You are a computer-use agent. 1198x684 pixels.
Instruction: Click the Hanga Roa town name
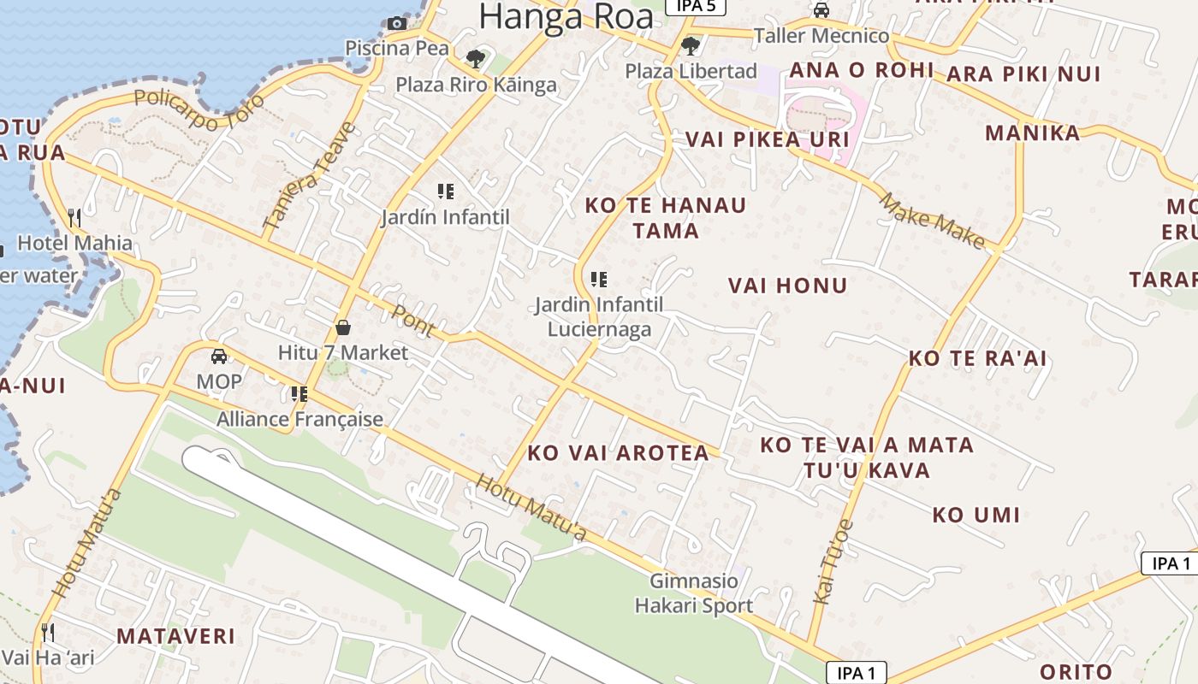pyautogui.click(x=566, y=17)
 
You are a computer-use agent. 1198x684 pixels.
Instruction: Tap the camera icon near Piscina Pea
pyautogui.click(x=396, y=23)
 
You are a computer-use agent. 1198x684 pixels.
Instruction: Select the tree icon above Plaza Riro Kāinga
pyautogui.click(x=476, y=59)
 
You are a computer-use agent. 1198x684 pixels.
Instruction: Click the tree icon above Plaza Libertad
pyautogui.click(x=691, y=45)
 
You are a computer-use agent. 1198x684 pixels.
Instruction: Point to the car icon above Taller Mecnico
pyautogui.click(x=821, y=10)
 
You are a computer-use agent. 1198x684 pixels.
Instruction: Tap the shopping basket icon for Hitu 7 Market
pyautogui.click(x=343, y=327)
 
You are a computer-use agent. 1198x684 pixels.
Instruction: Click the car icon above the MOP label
pyautogui.click(x=219, y=357)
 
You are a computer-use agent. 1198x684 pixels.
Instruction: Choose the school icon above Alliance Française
pyautogui.click(x=299, y=393)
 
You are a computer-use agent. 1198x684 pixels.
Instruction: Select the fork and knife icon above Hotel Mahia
pyautogui.click(x=74, y=218)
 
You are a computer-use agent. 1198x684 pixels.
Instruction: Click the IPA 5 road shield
pyautogui.click(x=696, y=6)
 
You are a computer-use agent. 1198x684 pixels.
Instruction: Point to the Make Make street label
pyautogui.click(x=933, y=221)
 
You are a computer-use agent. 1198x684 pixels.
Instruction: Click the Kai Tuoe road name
pyautogui.click(x=833, y=562)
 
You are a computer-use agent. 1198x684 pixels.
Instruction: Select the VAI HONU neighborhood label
pyautogui.click(x=787, y=286)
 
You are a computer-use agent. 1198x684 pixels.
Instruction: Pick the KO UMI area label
pyautogui.click(x=976, y=515)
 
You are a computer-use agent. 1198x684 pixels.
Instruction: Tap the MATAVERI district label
pyautogui.click(x=175, y=636)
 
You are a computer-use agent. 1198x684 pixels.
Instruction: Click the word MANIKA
pyautogui.click(x=1032, y=133)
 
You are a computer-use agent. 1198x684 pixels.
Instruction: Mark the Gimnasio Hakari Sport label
pyautogui.click(x=694, y=593)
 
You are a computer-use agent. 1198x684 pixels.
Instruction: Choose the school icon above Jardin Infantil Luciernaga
pyautogui.click(x=599, y=279)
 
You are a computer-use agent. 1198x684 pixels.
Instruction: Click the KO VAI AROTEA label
pyautogui.click(x=618, y=453)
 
